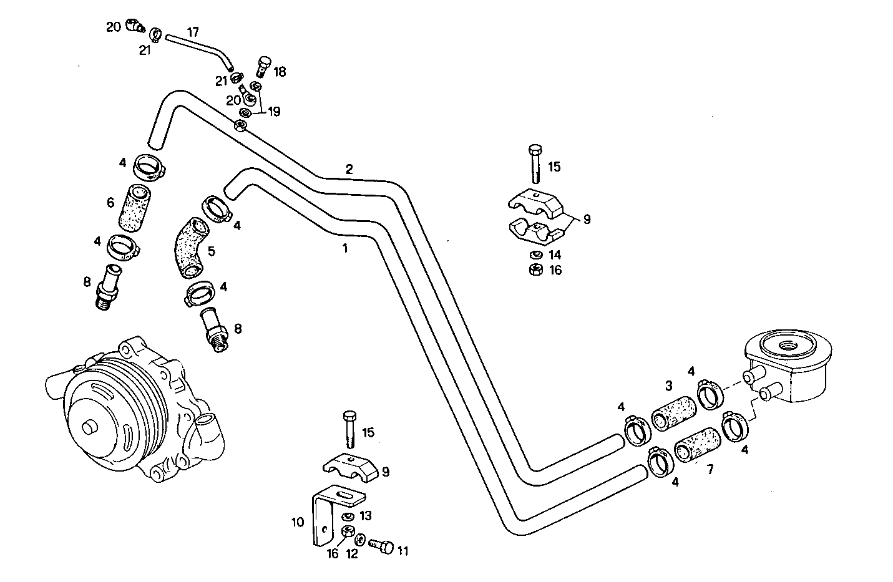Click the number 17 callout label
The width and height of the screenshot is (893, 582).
tap(193, 31)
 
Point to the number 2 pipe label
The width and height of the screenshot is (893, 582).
tap(349, 169)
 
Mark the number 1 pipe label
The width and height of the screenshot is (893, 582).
tap(344, 248)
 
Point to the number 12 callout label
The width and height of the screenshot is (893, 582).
tap(352, 553)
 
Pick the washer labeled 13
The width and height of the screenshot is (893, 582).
tap(348, 517)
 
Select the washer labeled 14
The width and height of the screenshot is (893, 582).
tap(534, 255)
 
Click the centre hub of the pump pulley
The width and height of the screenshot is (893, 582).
tap(90, 429)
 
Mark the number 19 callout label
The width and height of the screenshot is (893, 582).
tap(274, 112)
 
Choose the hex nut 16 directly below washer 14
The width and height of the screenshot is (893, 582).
tap(534, 269)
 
